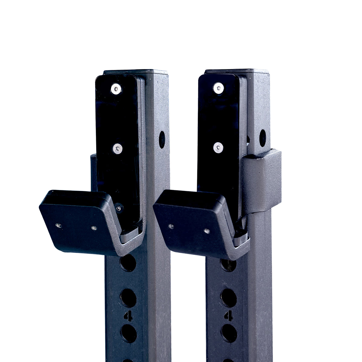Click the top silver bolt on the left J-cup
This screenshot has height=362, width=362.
click(116, 89)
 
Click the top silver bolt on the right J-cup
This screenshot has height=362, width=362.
click(218, 88)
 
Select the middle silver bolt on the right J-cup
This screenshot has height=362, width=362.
click(218, 148)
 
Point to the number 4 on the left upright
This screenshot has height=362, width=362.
click(128, 316)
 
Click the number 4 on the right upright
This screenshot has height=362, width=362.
click(228, 316)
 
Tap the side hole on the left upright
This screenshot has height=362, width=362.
click(162, 140)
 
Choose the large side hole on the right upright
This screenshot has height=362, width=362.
click(262, 138)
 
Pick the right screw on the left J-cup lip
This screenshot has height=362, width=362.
click(94, 228)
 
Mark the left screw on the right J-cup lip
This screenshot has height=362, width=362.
click(171, 226)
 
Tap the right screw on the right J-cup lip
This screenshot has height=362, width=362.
click(207, 231)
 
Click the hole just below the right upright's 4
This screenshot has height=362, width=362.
click(229, 333)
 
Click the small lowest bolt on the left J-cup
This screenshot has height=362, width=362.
click(119, 208)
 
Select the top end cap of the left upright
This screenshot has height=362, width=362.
click(136, 72)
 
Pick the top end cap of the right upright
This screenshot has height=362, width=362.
click(237, 72)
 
